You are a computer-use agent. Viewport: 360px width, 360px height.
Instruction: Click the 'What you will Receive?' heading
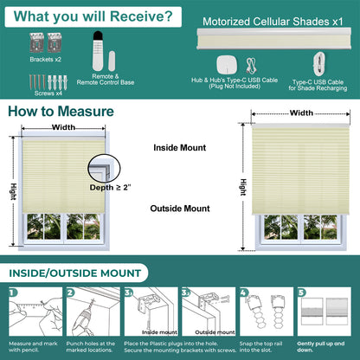(93, 16)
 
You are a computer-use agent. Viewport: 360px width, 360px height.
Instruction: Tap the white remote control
(98, 50)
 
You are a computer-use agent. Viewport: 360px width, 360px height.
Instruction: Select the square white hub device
(227, 65)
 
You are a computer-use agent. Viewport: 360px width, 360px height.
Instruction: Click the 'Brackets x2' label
(46, 60)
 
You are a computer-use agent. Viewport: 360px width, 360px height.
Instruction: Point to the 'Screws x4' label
(48, 93)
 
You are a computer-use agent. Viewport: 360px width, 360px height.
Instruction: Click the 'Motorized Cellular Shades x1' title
(273, 22)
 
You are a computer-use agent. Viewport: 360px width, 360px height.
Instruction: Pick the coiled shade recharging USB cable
(319, 64)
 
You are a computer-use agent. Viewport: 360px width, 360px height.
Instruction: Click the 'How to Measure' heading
(61, 112)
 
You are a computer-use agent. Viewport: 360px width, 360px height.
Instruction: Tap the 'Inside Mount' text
(180, 148)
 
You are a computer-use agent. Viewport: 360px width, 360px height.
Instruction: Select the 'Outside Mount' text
(180, 209)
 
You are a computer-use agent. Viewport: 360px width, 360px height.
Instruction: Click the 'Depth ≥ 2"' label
(110, 188)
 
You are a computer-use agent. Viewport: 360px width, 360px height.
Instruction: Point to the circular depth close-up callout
(104, 168)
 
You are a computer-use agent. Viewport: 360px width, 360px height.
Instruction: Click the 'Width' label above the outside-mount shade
(301, 112)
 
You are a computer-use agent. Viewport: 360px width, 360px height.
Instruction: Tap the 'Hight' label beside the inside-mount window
(13, 191)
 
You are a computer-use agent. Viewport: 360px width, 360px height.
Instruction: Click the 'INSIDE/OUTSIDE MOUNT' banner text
(75, 273)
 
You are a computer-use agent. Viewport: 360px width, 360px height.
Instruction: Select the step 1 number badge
(13, 292)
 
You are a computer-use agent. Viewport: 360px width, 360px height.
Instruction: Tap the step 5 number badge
(302, 292)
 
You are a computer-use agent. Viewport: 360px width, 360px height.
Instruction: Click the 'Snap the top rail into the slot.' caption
(260, 347)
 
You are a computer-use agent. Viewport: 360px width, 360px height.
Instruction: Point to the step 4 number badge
(244, 292)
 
